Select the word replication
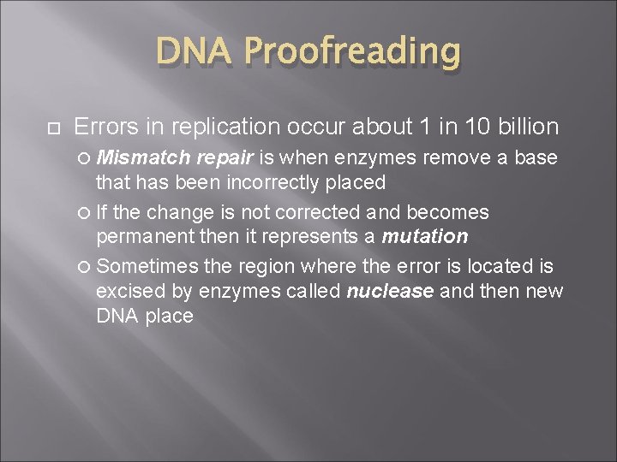[x=225, y=127]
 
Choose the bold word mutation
[x=425, y=236]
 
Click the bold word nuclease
[x=390, y=291]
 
